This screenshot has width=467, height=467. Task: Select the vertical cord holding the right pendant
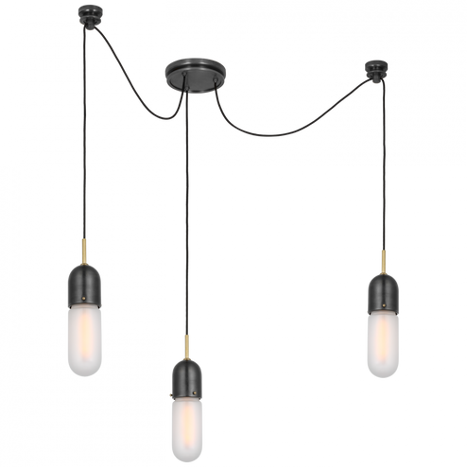[383, 170]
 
